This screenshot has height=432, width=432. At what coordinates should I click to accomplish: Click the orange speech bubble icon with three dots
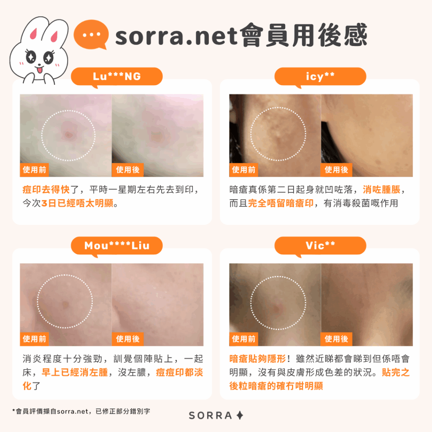pos(91,35)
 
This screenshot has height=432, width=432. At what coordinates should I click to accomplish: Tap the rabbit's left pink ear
pos(34,33)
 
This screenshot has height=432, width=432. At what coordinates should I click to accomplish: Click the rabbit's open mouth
pos(40,70)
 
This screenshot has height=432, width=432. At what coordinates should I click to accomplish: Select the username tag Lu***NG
pos(117,77)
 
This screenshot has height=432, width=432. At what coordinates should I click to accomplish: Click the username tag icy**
pos(321,77)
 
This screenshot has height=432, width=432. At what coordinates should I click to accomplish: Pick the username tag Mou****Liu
pos(117,246)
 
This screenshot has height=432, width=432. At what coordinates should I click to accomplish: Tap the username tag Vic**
pos(321,246)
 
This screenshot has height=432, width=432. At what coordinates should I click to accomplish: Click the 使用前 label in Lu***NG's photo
pos(35,170)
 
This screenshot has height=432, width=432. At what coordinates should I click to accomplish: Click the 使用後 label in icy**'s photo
pos(336,170)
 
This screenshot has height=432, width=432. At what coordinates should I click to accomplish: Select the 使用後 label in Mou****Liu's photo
pos(127,339)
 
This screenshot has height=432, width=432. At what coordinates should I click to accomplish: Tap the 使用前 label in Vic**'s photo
pos(243,339)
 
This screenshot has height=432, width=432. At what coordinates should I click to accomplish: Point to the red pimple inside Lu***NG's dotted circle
pos(68,135)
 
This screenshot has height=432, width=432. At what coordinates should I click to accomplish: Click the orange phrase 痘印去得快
pos(46,190)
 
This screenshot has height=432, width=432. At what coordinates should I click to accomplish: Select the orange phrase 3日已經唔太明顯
pos(78,203)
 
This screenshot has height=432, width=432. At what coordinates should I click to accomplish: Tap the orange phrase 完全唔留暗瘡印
pos(281,203)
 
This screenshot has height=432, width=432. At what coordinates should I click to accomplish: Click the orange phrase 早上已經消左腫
pos(75,373)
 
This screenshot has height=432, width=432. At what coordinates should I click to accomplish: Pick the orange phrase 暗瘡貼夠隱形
pos(258,359)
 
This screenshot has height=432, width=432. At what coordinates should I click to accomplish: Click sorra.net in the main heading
pos(177,36)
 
